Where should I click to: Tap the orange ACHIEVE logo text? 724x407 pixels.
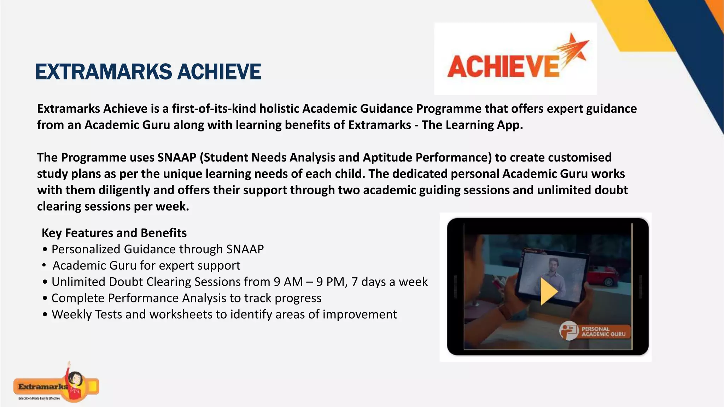point(503,67)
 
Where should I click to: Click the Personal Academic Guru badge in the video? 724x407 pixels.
point(595,331)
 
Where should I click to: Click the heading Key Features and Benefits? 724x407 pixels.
point(114,233)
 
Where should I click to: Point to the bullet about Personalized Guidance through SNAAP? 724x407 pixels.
point(157,249)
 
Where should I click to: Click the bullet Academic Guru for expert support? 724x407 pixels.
point(146,266)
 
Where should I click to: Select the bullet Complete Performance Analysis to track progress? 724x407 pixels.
point(186,298)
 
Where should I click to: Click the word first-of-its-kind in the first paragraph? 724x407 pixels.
point(214,109)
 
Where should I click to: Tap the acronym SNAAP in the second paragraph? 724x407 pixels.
point(177,158)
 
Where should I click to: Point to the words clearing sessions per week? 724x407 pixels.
point(113,206)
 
